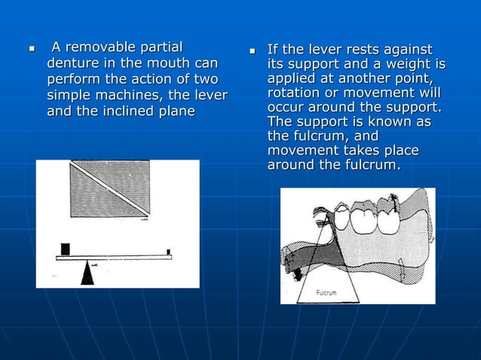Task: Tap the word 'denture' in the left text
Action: tap(73, 64)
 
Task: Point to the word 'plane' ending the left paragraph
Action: tap(176, 111)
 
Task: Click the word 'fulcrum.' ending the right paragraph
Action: tap(372, 165)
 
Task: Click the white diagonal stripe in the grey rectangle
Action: tap(110, 188)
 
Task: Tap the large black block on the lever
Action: tap(65, 249)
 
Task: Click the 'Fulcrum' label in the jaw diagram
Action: tap(326, 291)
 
